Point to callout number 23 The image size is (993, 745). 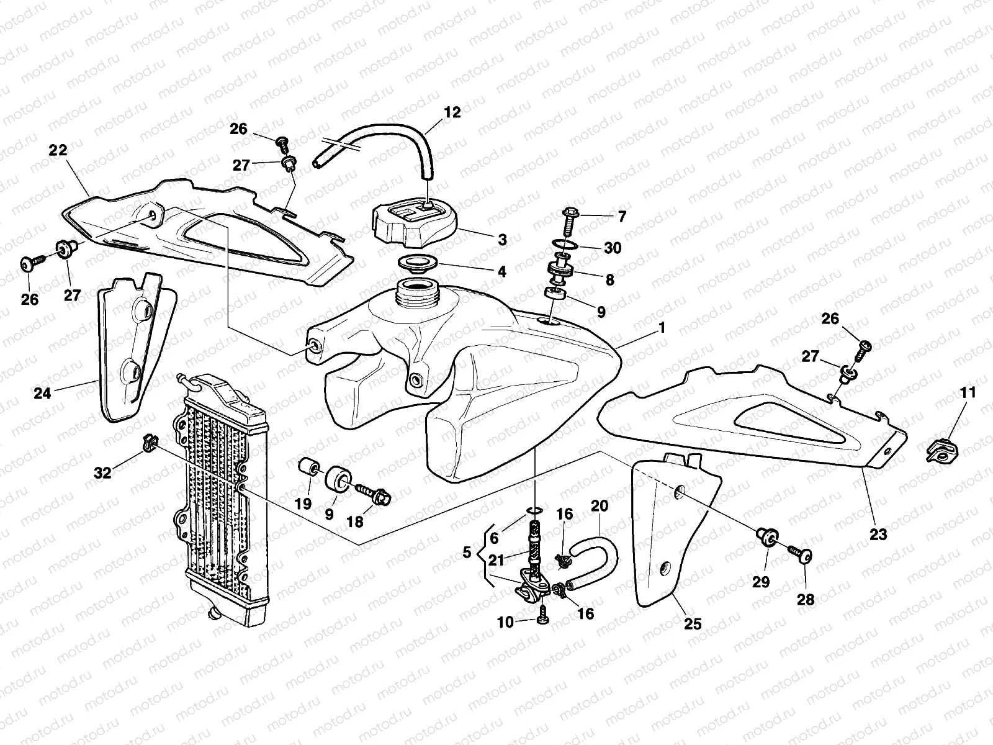coord(878,533)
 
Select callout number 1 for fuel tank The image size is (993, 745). coord(662,327)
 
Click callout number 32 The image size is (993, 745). coord(102,472)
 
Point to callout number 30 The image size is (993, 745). coord(612,248)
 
